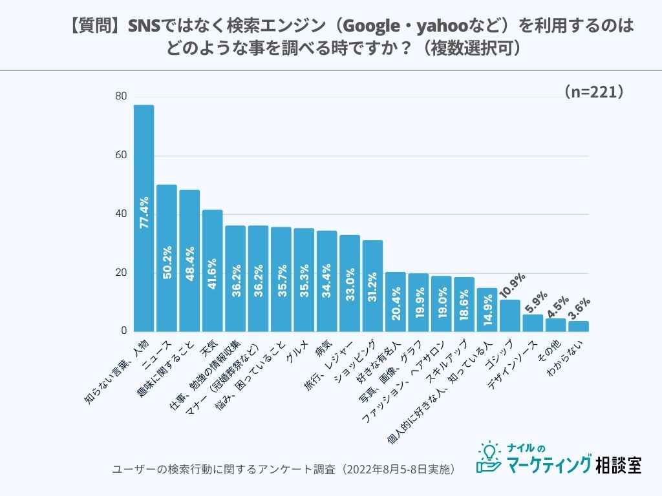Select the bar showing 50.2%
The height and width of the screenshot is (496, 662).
click(167, 258)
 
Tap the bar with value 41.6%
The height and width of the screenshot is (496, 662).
click(212, 271)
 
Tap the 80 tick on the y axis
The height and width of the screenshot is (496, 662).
click(121, 97)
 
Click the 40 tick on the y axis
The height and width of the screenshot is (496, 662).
click(121, 214)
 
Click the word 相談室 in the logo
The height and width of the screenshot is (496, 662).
click(619, 464)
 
